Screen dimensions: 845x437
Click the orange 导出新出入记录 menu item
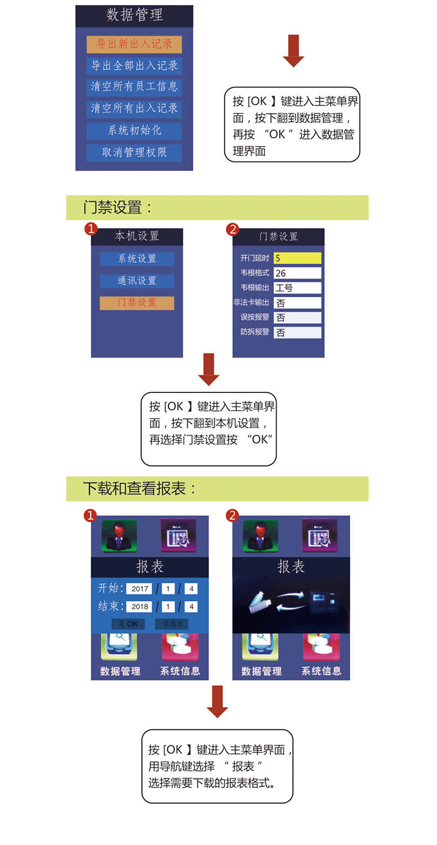coord(134,44)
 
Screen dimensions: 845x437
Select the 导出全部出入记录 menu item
coord(134,66)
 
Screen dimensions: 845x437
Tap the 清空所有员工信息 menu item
coord(134,87)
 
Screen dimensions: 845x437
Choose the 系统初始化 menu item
coord(134,131)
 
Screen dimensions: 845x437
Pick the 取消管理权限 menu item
coord(134,152)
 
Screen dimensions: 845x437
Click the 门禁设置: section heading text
coord(118,208)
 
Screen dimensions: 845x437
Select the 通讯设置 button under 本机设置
coord(137,281)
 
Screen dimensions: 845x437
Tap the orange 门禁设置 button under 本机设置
coord(137,303)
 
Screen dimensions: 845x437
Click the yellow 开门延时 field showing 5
coord(297,258)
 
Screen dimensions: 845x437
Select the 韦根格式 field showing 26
coord(297,273)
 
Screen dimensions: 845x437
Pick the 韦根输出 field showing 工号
coord(297,288)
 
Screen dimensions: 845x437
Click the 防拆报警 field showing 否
coord(297,333)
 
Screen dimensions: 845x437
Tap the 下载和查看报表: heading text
coord(140,489)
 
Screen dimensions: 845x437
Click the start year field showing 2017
coord(139,589)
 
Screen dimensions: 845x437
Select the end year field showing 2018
coord(139,606)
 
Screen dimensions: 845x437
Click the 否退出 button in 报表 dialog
coord(171,624)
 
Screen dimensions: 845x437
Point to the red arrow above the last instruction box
coord(217,701)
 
